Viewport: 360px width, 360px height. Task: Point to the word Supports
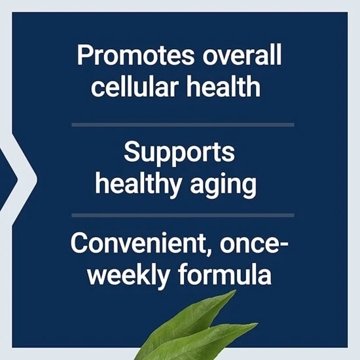pos(179,154)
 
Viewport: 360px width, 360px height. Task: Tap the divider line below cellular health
pos(183,124)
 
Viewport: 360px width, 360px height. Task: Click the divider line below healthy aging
pos(183,214)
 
